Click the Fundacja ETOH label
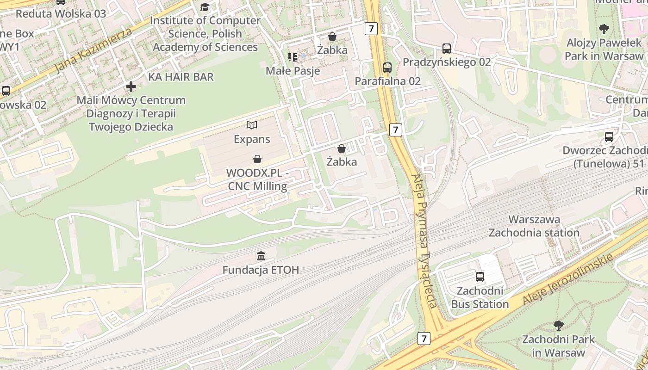click(261, 270)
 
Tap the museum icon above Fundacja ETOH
click(261, 256)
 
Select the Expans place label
click(252, 139)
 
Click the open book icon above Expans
click(252, 125)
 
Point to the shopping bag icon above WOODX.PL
click(257, 159)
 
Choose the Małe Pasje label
click(293, 71)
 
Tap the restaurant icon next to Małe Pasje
click(292, 57)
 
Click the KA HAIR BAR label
click(181, 77)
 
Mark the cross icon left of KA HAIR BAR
click(131, 86)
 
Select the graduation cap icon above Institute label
click(205, 7)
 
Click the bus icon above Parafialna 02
click(387, 68)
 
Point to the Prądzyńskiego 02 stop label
click(447, 62)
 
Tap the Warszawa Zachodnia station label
click(534, 226)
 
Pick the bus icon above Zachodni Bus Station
click(480, 277)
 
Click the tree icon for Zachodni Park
click(558, 325)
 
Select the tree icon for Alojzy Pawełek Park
click(604, 29)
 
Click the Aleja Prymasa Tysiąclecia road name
click(424, 240)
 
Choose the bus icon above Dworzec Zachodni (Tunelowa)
click(609, 137)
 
